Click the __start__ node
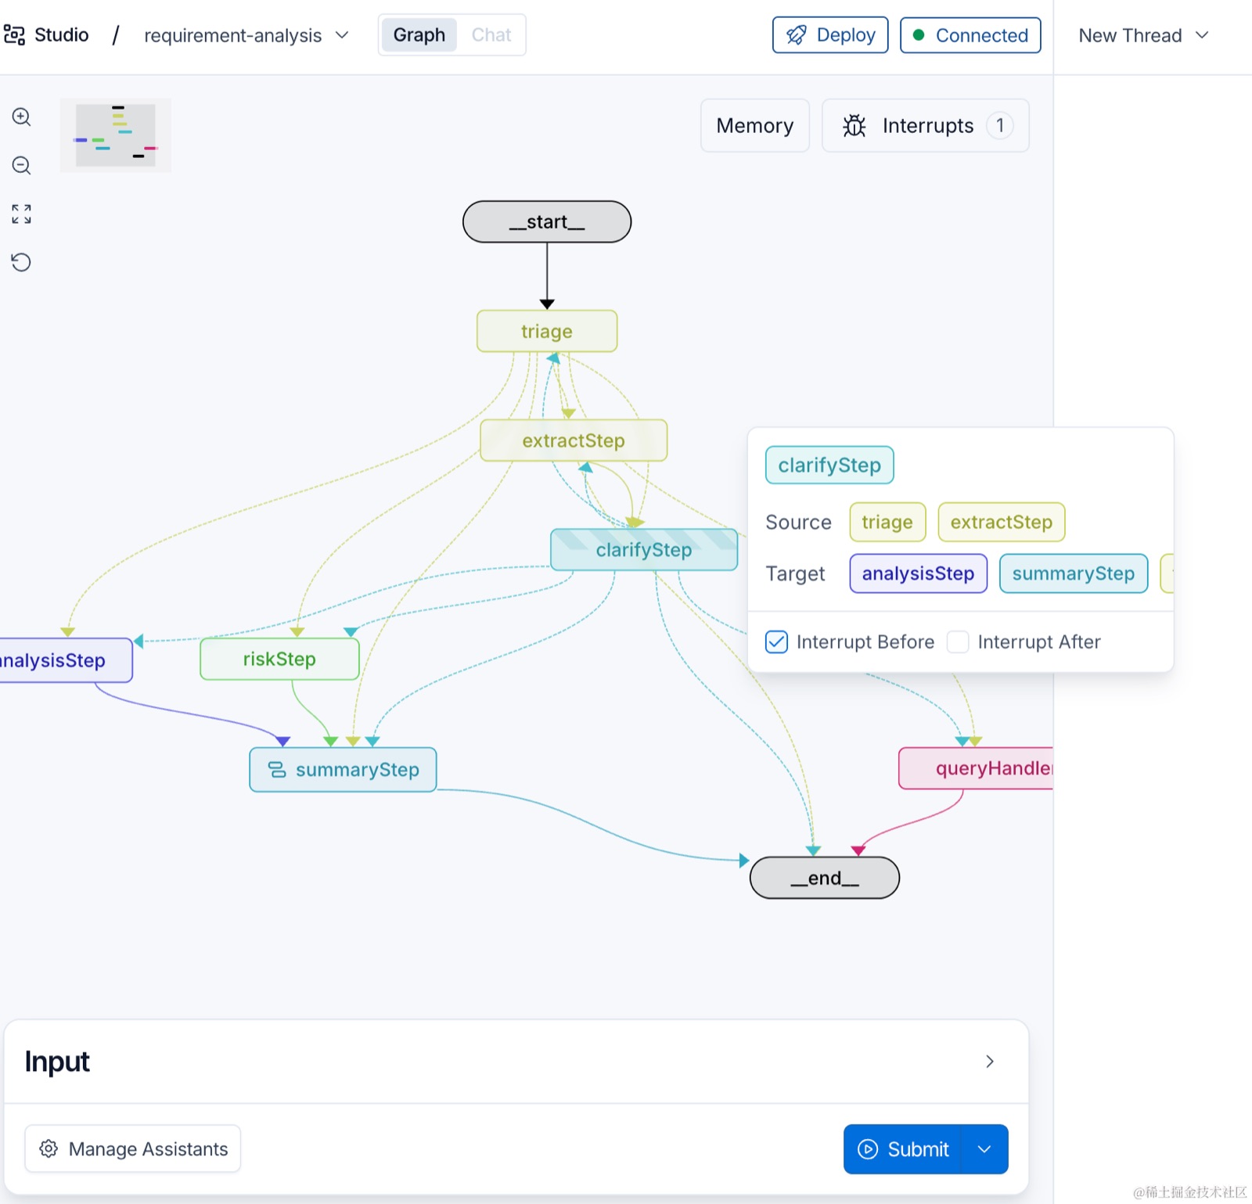point(547,221)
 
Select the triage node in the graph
point(547,331)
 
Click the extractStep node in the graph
point(574,440)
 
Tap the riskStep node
point(279,659)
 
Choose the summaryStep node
point(343,770)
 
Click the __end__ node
point(825,878)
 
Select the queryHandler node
point(977,768)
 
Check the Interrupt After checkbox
point(958,642)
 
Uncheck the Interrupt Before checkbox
point(776,642)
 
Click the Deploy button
point(830,35)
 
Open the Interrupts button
point(926,125)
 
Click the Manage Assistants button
point(132,1148)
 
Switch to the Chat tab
point(491,35)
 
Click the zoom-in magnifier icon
point(21,117)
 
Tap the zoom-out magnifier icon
point(21,166)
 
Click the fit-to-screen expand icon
point(21,214)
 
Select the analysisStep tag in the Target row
point(918,573)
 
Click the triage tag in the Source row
point(887,522)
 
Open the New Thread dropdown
point(1143,35)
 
